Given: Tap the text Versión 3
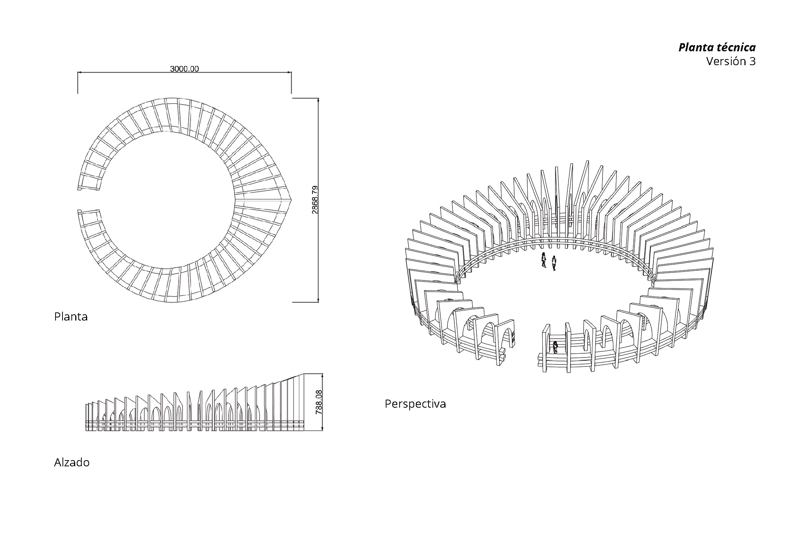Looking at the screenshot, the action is coord(731,61).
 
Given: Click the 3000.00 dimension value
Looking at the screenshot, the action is coord(184,69).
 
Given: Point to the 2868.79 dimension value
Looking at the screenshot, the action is coord(315,200).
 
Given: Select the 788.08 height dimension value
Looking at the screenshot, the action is coord(319,402).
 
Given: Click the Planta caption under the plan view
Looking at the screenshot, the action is coord(71,317).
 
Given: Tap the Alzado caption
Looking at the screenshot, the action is coord(72,462).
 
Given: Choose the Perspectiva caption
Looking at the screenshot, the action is coord(415,404).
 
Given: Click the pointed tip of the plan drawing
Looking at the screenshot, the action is coord(292,200).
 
